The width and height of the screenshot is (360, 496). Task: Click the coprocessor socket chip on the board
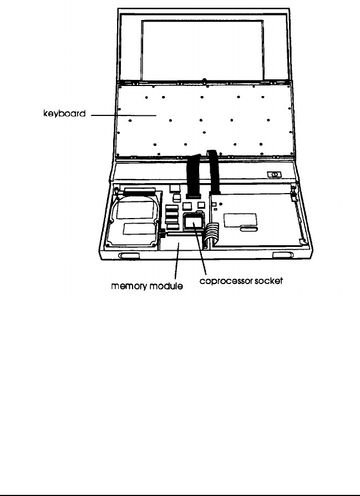click(192, 222)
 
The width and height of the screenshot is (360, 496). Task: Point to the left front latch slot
click(128, 256)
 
